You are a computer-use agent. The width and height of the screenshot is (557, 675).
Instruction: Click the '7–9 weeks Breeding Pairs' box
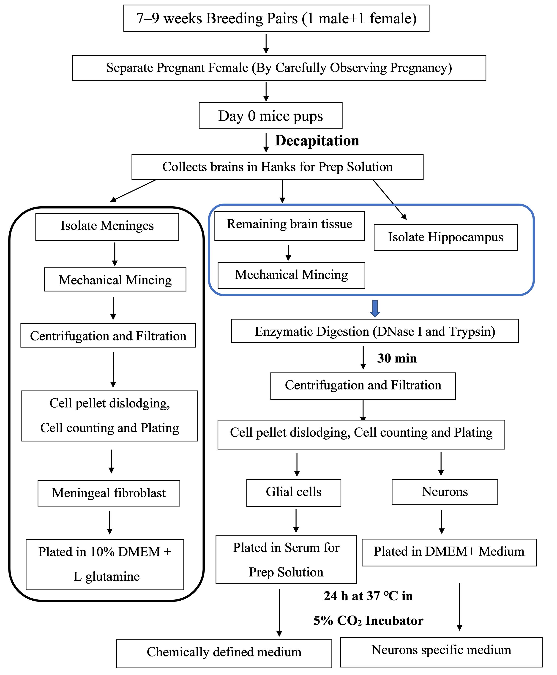[x=276, y=18]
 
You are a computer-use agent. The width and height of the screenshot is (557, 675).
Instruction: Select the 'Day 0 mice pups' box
[x=270, y=115]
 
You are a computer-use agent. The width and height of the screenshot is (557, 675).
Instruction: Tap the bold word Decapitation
[x=317, y=141]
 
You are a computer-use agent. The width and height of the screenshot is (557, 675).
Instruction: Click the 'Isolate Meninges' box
[x=107, y=227]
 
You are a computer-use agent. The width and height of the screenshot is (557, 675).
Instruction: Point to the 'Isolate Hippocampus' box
[x=446, y=237]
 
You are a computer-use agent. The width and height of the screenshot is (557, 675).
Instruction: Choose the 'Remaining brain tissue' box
[x=289, y=226]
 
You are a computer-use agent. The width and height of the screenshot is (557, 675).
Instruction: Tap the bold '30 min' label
[x=397, y=358]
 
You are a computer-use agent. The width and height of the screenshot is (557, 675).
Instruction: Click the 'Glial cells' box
[x=294, y=493]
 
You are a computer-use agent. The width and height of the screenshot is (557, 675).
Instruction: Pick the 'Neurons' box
[x=445, y=492]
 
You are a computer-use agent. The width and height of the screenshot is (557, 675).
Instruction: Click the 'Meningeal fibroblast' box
[x=109, y=493]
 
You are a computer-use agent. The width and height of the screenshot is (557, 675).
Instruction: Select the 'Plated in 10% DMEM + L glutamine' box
[x=105, y=565]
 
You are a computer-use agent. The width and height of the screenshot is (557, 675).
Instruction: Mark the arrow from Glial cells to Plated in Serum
[x=296, y=521]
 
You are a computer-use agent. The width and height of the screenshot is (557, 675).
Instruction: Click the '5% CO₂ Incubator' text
[x=368, y=621]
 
